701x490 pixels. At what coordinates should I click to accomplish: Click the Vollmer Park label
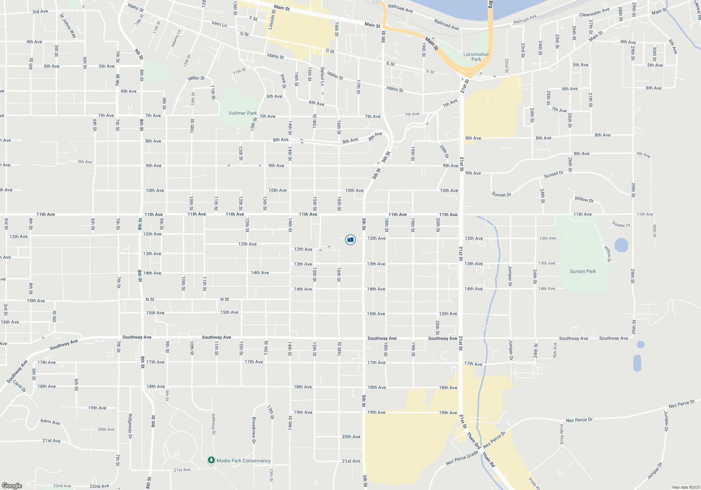coord(243,113)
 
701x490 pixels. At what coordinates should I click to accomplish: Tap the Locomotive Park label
coord(476,57)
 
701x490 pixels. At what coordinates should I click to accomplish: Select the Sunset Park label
coord(583,271)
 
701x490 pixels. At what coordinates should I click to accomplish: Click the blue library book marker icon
coord(350,240)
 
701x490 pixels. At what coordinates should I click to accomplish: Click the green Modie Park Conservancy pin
coord(211,460)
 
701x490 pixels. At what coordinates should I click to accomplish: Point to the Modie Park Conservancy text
coord(244,461)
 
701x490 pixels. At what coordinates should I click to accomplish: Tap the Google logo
coord(12,485)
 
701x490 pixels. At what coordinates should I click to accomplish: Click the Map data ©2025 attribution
coord(686,487)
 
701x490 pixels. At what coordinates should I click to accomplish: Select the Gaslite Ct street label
coord(621,224)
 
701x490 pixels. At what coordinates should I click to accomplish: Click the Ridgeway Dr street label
coord(130,426)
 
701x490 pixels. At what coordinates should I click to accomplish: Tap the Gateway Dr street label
coord(213,424)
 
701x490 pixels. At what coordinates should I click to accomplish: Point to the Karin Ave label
coord(50,422)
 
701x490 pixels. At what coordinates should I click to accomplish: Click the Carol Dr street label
coord(19,385)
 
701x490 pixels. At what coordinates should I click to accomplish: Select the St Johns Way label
coord(68,26)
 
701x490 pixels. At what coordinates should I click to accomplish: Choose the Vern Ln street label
coord(219,24)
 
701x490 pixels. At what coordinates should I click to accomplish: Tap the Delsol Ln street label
coord(322,76)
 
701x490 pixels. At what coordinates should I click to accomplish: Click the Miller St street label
coord(196,78)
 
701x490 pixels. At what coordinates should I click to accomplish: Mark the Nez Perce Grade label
coord(462,458)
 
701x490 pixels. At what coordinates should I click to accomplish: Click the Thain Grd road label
coord(473,441)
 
